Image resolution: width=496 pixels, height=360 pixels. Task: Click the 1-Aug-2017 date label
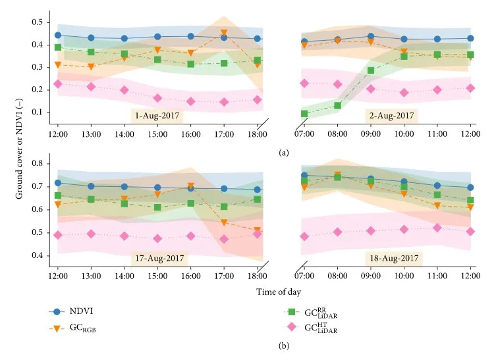pyautogui.click(x=157, y=116)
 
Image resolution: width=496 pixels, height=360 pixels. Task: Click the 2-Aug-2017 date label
pyautogui.click(x=391, y=116)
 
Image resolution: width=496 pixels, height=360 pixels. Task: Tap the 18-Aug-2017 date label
pyautogui.click(x=391, y=258)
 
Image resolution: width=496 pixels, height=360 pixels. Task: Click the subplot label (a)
pyautogui.click(x=284, y=153)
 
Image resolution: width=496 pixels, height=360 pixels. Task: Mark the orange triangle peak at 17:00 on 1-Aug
pyautogui.click(x=224, y=33)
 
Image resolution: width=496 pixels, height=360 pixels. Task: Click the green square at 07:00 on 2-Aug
pyautogui.click(x=304, y=113)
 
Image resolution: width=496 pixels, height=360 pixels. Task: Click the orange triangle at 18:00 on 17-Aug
pyautogui.click(x=257, y=230)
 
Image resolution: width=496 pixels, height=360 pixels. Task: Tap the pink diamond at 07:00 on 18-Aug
pyautogui.click(x=304, y=236)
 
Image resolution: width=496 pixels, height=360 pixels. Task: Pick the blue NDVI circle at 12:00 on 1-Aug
pyautogui.click(x=58, y=36)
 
